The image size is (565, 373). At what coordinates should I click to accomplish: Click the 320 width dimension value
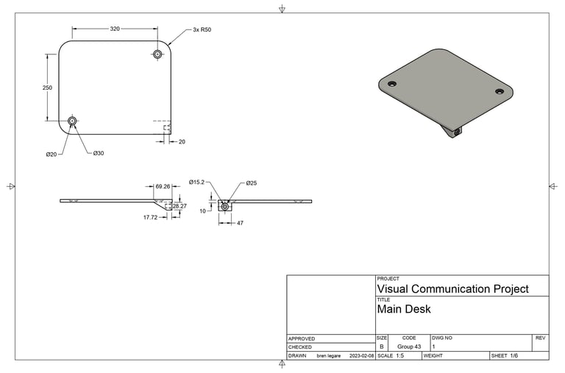(115, 29)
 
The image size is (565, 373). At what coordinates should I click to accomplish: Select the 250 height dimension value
(47, 88)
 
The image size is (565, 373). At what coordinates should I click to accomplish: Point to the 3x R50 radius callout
(202, 30)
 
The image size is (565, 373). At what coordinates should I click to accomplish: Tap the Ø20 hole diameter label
(51, 154)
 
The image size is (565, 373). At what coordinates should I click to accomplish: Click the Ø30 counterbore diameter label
(98, 153)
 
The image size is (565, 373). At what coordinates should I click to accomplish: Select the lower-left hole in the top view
(72, 121)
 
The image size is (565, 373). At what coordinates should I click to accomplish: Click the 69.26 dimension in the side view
(163, 187)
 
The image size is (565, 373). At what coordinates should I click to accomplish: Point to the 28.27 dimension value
(180, 207)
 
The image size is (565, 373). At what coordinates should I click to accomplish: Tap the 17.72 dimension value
(150, 217)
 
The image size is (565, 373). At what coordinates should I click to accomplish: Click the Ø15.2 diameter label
(196, 182)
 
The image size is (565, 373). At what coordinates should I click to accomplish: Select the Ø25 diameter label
(251, 182)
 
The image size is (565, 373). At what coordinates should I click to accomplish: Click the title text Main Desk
(404, 310)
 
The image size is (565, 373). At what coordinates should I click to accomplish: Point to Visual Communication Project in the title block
(452, 289)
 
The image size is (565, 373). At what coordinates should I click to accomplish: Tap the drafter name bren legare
(328, 355)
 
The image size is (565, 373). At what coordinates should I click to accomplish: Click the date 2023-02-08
(361, 355)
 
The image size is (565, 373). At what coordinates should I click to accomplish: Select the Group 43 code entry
(409, 347)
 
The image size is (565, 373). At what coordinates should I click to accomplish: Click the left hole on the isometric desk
(391, 85)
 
